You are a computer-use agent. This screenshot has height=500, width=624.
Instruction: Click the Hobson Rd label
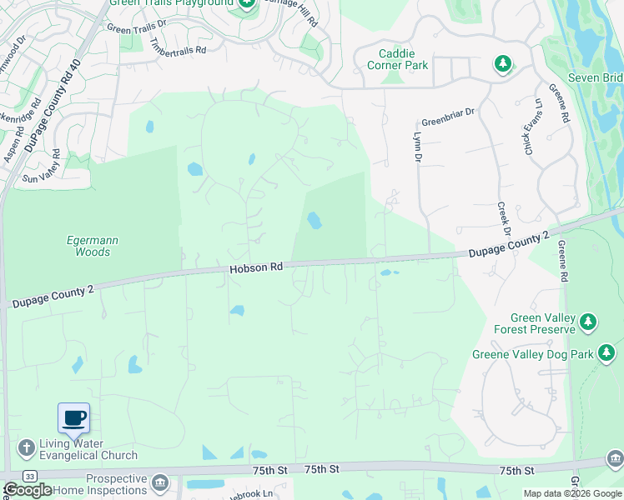pyautogui.click(x=257, y=267)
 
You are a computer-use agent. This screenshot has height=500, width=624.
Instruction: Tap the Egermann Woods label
pyautogui.click(x=93, y=246)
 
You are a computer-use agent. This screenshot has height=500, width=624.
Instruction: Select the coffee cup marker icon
pyautogui.click(x=73, y=417)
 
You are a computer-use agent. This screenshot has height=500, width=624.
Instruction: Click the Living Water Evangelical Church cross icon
pyautogui.click(x=27, y=448)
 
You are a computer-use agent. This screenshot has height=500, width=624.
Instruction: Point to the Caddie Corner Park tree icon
pyautogui.click(x=502, y=63)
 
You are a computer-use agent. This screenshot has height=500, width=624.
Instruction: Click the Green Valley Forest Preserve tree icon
pyautogui.click(x=588, y=322)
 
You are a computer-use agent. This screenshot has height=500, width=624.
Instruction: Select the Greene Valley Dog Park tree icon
pyautogui.click(x=606, y=354)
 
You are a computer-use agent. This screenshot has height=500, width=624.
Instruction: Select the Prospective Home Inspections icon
pyautogui.click(x=160, y=482)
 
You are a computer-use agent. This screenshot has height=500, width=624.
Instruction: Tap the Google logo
pyautogui.click(x=27, y=490)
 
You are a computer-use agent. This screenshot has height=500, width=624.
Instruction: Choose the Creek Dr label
pyautogui.click(x=503, y=217)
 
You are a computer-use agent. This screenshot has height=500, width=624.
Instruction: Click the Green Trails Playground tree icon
pyautogui.click(x=246, y=4)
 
